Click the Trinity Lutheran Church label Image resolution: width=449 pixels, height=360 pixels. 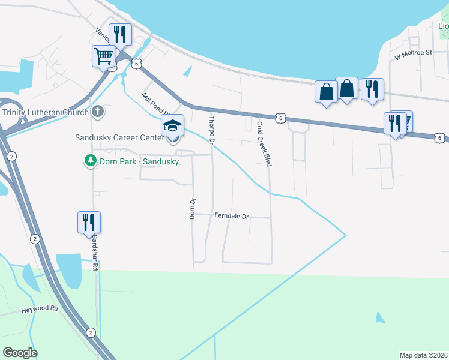[x=45, y=112]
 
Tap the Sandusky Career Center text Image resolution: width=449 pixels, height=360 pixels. [x=119, y=137]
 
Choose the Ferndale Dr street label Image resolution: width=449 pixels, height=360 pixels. [x=231, y=215]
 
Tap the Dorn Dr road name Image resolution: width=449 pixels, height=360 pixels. [x=193, y=208]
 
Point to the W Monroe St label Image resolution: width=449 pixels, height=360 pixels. [x=413, y=53]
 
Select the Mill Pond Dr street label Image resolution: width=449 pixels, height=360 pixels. [x=156, y=104]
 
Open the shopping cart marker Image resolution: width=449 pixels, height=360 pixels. [x=104, y=57]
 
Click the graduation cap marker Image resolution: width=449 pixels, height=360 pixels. [x=172, y=127]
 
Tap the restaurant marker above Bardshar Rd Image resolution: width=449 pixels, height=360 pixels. [x=89, y=222]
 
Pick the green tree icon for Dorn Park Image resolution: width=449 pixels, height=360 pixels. [x=90, y=161]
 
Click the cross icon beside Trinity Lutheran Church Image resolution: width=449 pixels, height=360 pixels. [x=98, y=112]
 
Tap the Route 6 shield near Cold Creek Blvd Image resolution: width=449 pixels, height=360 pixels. [x=280, y=118]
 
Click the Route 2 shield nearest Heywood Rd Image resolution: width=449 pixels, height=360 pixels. [x=90, y=332]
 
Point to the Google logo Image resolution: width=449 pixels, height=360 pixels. [x=20, y=353]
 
